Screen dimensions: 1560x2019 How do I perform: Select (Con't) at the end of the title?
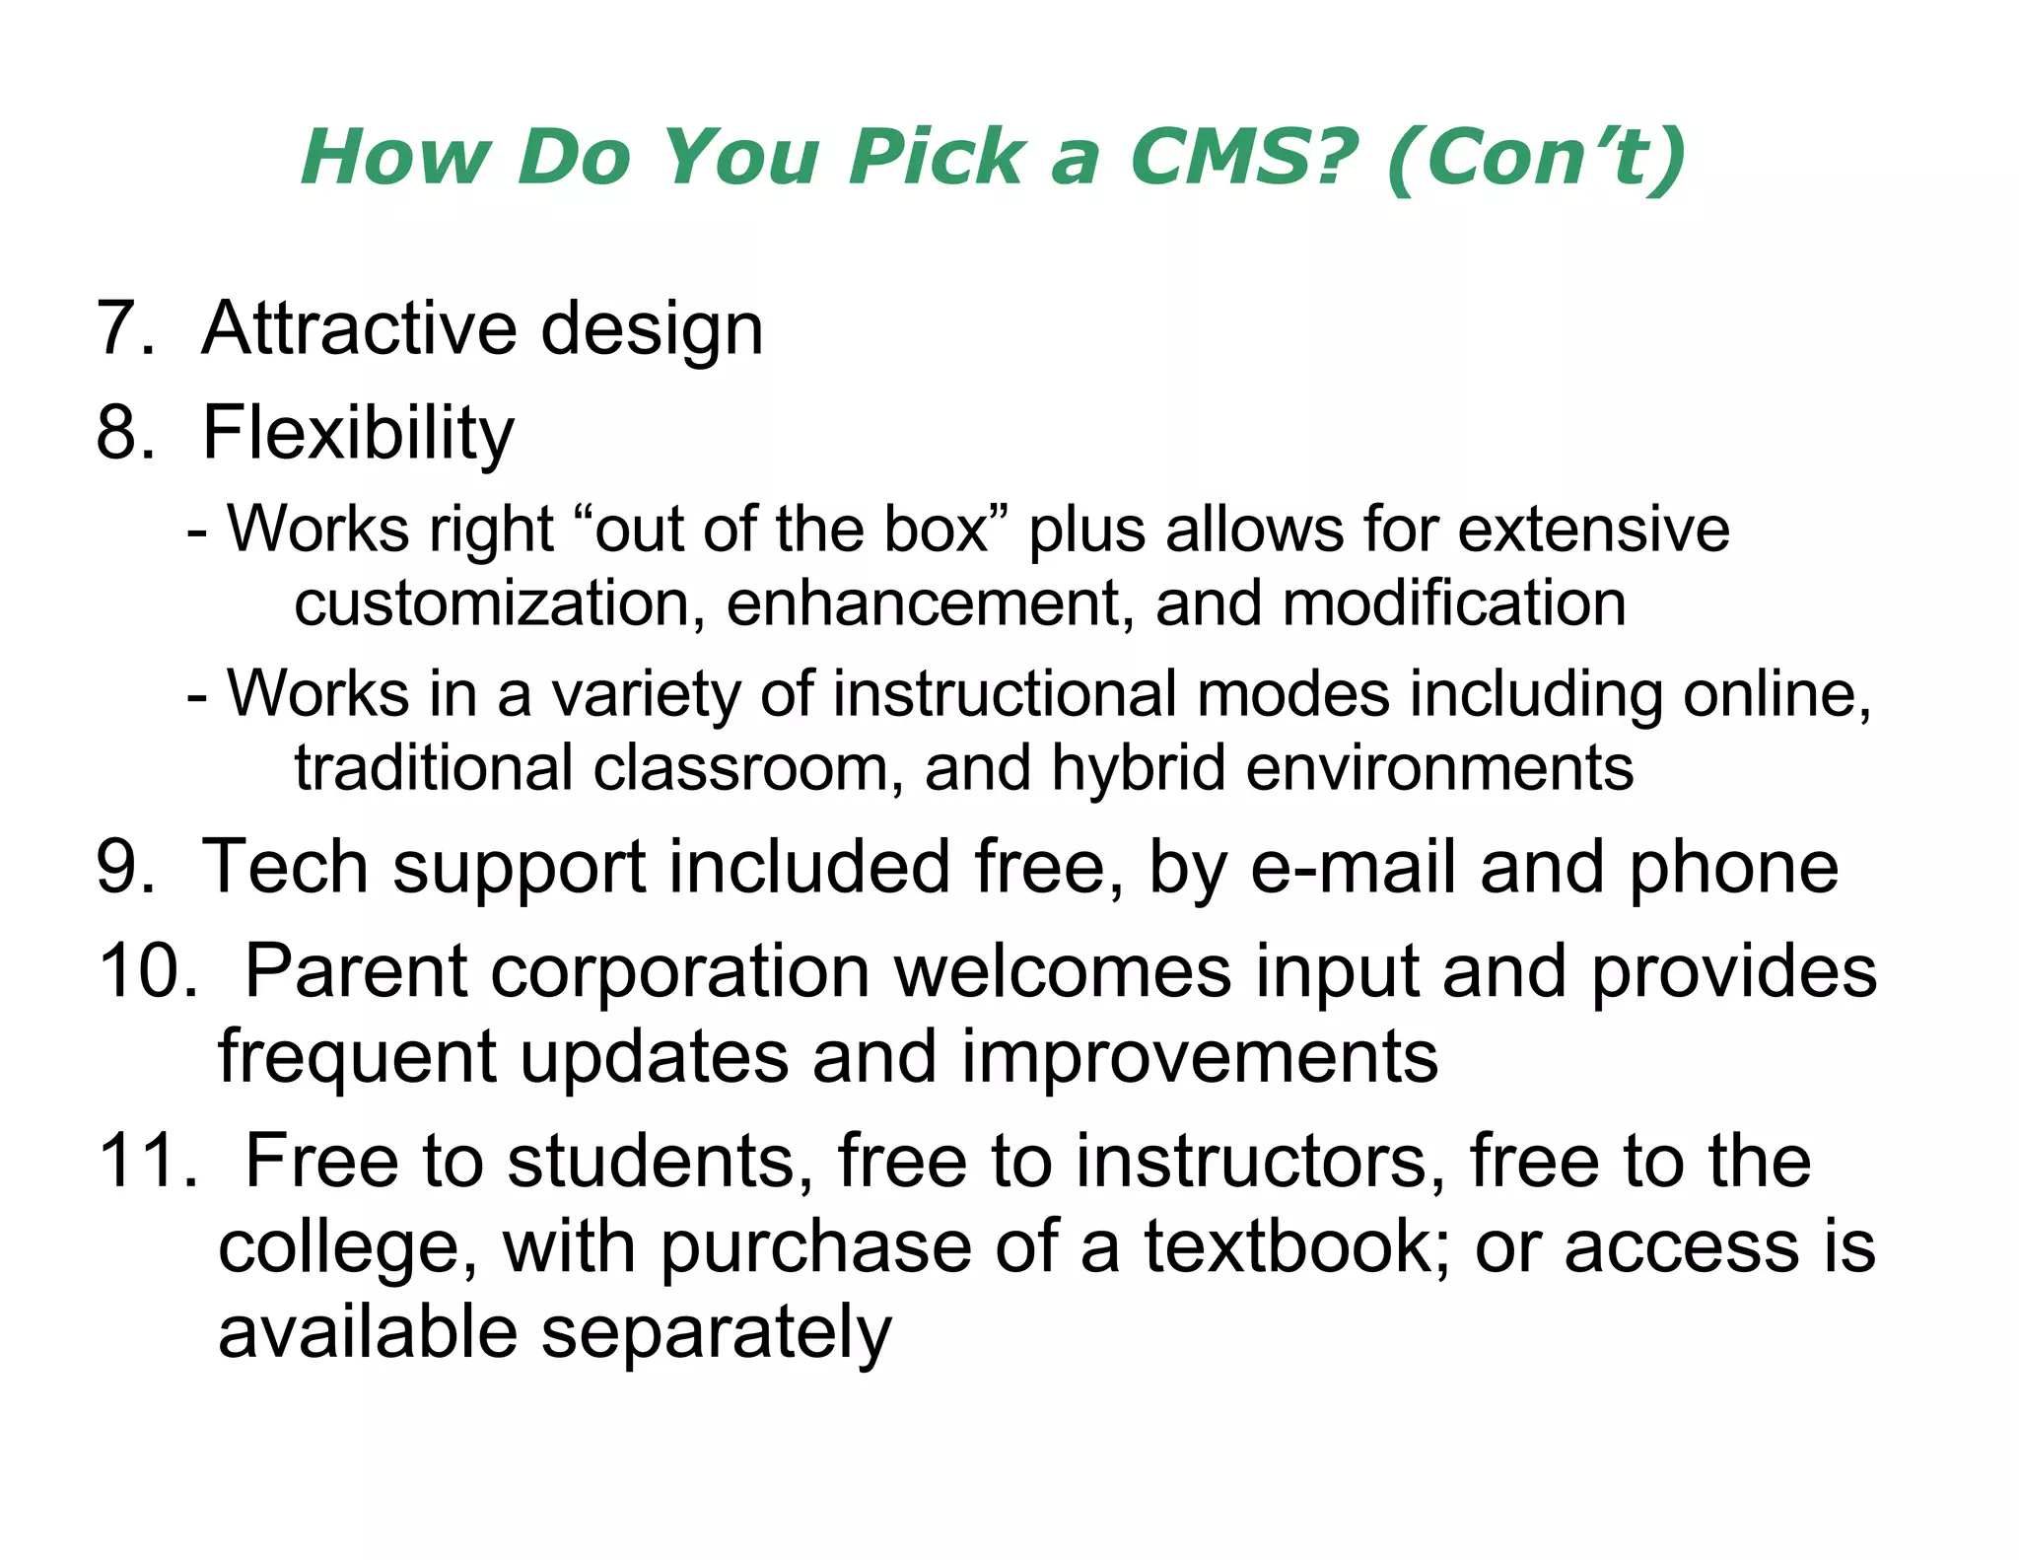[1535, 159]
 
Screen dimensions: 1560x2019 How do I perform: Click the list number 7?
[118, 328]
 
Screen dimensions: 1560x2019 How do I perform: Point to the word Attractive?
[359, 328]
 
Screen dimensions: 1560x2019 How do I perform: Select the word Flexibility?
[358, 434]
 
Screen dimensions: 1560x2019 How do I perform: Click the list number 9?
[118, 867]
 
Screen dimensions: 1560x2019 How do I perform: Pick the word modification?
[1454, 603]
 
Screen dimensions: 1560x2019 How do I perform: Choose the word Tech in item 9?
[286, 867]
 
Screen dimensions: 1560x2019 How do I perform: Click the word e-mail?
[1354, 867]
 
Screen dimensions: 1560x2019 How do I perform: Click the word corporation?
[680, 972]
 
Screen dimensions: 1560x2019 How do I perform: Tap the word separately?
[717, 1332]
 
